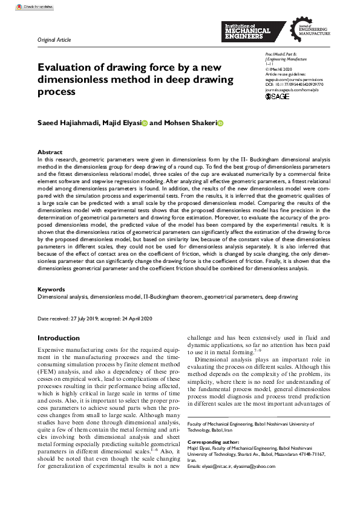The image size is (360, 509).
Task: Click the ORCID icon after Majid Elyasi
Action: pyautogui.click(x=145, y=123)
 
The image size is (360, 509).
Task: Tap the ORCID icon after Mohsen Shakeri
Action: pyautogui.click(x=220, y=123)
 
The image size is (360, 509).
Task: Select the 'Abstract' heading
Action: pyautogui.click(x=50, y=152)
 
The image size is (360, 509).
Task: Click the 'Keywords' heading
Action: pyautogui.click(x=51, y=290)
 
